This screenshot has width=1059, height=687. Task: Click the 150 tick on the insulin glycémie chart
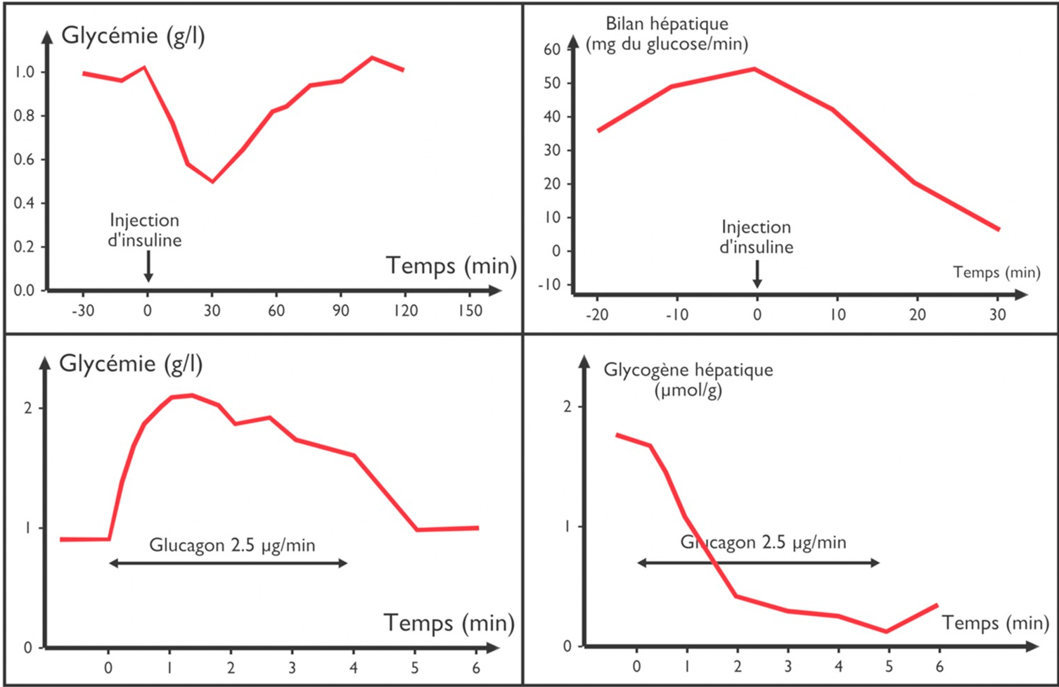click(x=470, y=310)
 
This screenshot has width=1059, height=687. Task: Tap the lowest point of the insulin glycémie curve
click(x=212, y=181)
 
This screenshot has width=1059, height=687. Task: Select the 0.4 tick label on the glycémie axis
click(x=24, y=203)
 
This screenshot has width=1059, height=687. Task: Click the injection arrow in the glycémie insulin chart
click(x=148, y=267)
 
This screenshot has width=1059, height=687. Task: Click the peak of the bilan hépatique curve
click(x=754, y=69)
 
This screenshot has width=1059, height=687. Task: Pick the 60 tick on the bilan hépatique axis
click(x=552, y=49)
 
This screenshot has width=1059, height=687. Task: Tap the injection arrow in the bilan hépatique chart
click(x=757, y=274)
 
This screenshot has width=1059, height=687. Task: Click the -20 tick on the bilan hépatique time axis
click(x=597, y=314)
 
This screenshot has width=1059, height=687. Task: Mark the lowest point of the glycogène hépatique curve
click(x=887, y=631)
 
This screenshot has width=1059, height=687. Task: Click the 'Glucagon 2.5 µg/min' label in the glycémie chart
click(x=232, y=545)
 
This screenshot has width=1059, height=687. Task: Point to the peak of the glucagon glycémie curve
click(x=191, y=395)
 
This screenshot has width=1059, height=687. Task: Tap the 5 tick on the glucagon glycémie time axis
click(x=415, y=667)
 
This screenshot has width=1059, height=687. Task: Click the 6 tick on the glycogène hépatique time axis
click(x=939, y=667)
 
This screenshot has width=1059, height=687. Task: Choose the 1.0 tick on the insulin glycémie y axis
click(x=24, y=72)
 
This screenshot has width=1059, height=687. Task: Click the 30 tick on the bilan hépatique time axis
click(x=998, y=314)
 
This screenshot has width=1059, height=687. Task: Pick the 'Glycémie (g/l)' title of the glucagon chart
click(x=131, y=364)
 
